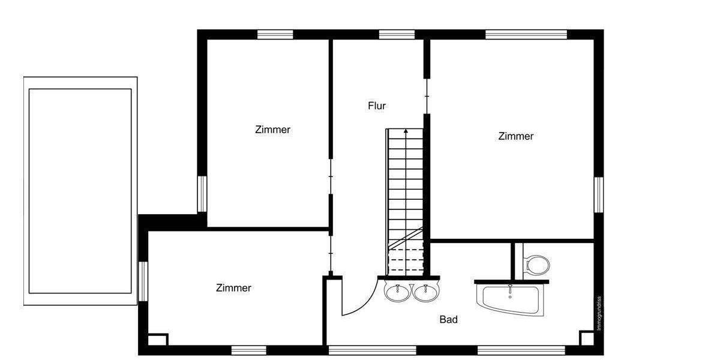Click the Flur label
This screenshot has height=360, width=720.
pyautogui.click(x=377, y=106)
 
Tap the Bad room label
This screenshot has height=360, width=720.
pyautogui.click(x=449, y=320)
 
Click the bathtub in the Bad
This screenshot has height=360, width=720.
pyautogui.click(x=511, y=299)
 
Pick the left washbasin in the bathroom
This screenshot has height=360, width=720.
pyautogui.click(x=397, y=293)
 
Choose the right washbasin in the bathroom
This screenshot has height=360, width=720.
pyautogui.click(x=425, y=293)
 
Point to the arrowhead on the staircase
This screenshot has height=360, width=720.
pyautogui.click(x=406, y=130)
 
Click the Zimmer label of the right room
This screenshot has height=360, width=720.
pyautogui.click(x=515, y=136)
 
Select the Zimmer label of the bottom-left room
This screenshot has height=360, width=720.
pyautogui.click(x=233, y=288)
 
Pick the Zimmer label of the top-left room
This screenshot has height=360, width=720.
pyautogui.click(x=272, y=129)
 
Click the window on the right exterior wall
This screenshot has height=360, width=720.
pyautogui.click(x=598, y=194)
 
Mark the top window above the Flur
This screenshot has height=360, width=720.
pyautogui.click(x=397, y=34)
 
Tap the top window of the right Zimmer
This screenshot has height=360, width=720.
pyautogui.click(x=526, y=34)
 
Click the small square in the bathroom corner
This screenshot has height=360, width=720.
pyautogui.click(x=586, y=338)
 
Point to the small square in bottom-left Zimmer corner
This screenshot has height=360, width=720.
pyautogui.click(x=157, y=339)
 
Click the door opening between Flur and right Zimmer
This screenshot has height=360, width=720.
pyautogui.click(x=427, y=96)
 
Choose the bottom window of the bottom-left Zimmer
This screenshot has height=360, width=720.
pyautogui.click(x=248, y=350)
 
